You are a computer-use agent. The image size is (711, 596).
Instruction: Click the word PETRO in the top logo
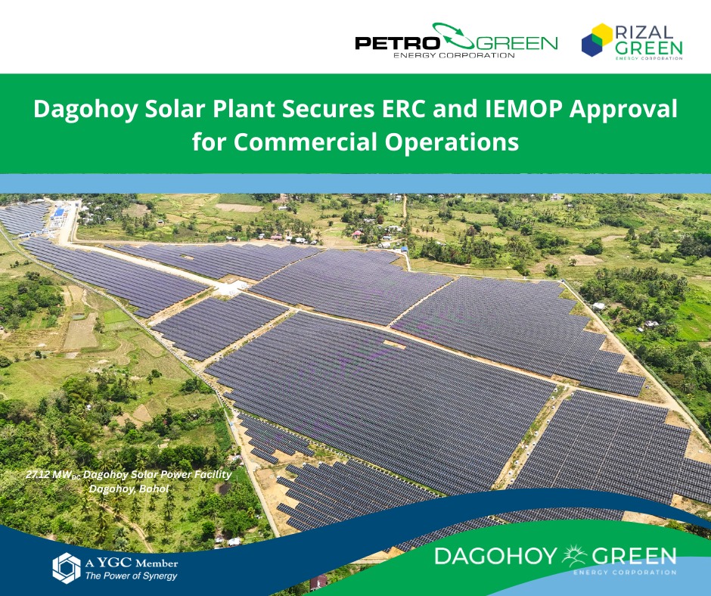point(397,43)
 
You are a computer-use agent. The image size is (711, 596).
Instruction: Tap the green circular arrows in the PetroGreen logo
point(453,36)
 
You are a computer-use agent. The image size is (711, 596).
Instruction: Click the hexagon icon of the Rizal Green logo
point(598,40)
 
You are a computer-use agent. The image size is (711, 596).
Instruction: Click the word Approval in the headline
point(623,110)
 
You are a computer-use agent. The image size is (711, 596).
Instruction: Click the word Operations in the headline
point(452,142)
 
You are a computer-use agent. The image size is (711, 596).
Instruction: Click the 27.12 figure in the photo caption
point(38,474)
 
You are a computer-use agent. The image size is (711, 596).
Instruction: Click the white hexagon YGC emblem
point(67,568)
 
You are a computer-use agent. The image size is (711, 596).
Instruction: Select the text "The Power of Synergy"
point(131,576)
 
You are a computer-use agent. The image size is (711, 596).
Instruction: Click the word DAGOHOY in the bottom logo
point(495,556)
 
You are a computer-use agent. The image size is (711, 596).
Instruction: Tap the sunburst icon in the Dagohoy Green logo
point(575,555)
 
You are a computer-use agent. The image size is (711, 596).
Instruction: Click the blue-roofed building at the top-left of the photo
point(58,213)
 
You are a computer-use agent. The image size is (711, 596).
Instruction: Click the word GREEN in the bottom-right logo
point(634,556)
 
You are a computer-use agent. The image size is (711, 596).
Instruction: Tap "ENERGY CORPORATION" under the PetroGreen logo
point(454,56)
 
